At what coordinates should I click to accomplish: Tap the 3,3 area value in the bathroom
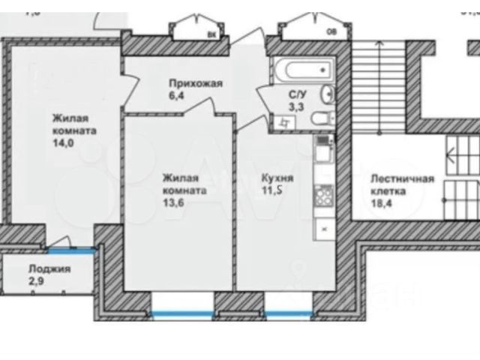click(296, 108)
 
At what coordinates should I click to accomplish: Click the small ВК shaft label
click(210, 33)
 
